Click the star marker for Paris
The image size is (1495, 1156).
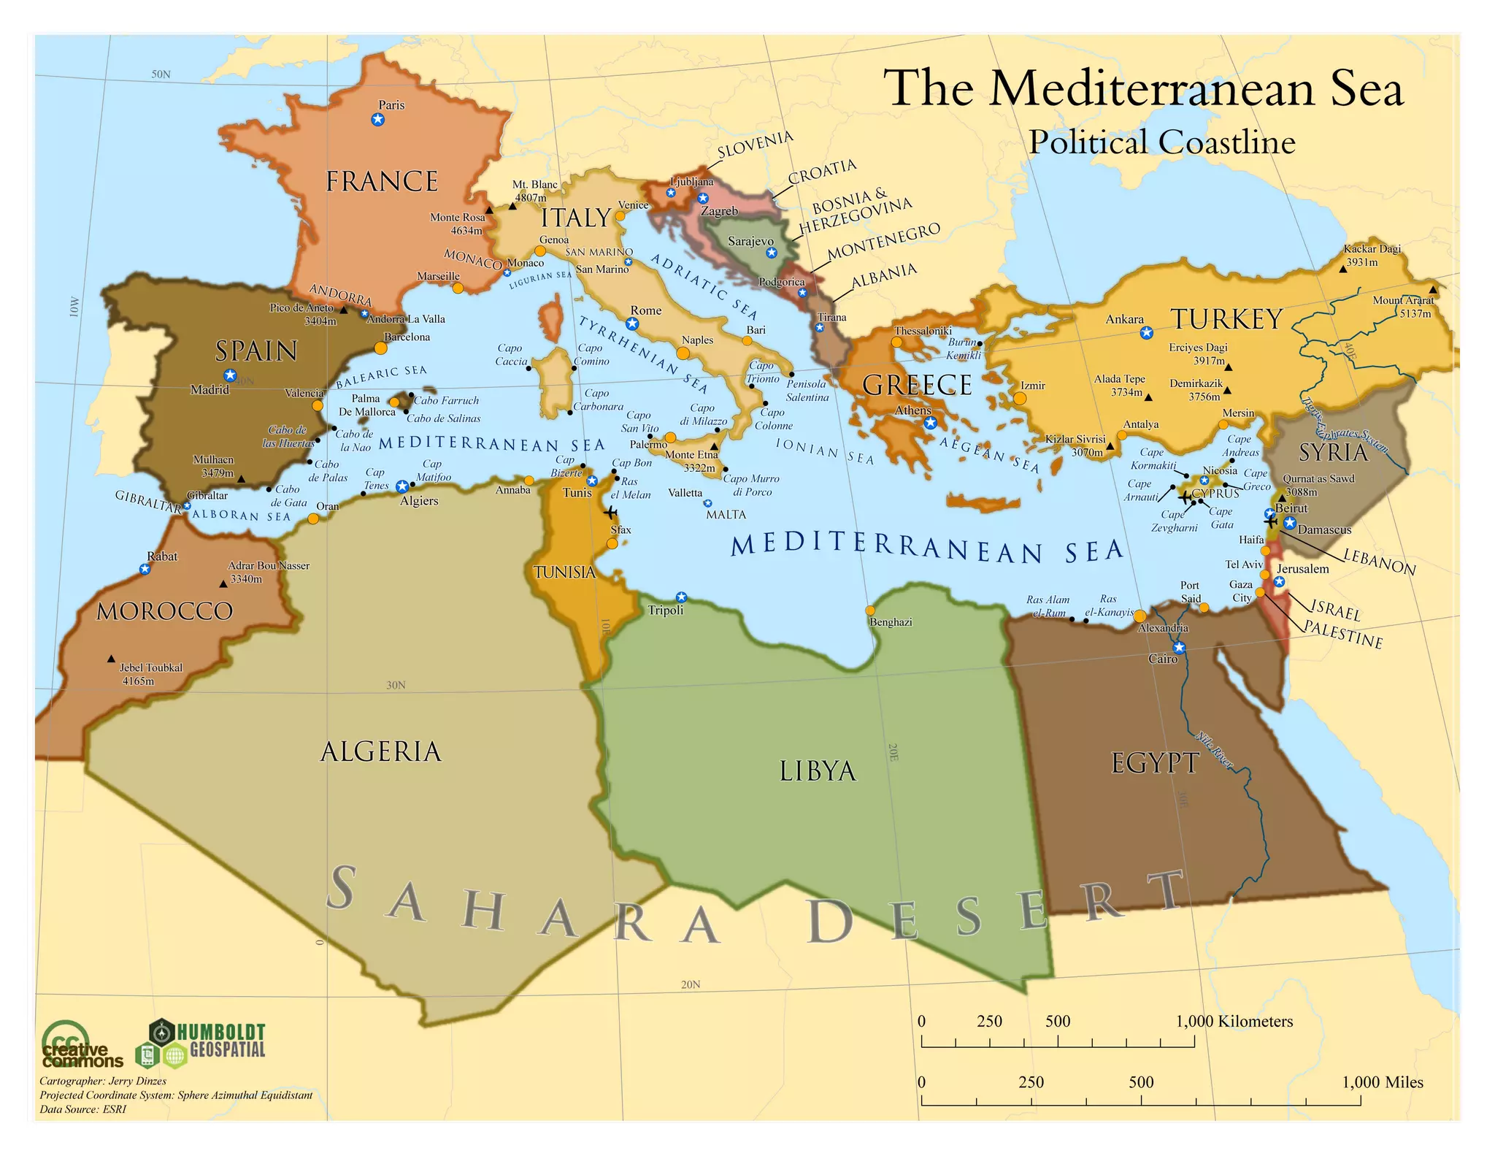click(x=377, y=119)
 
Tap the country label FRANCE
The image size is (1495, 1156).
click(x=381, y=181)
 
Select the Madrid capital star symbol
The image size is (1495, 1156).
click(x=230, y=375)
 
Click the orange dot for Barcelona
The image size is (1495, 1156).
click(x=380, y=348)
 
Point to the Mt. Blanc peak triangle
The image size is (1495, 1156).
click(x=512, y=206)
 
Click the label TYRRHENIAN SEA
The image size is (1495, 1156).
click(x=642, y=355)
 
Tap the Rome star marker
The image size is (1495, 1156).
click(x=632, y=324)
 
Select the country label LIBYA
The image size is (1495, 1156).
click(x=818, y=771)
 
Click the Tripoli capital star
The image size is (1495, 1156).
click(x=681, y=597)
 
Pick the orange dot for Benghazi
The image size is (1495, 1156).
click(x=870, y=610)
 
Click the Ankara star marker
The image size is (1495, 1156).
click(x=1147, y=333)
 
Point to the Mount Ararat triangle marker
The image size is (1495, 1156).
click(x=1433, y=290)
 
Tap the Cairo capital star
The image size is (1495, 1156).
click(x=1179, y=647)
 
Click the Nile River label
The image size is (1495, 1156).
click(x=1215, y=749)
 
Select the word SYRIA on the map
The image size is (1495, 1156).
click(x=1333, y=453)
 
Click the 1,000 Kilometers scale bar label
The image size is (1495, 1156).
click(x=1234, y=1022)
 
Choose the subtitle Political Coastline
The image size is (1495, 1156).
click(x=1162, y=142)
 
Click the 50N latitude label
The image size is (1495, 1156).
click(x=161, y=74)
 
